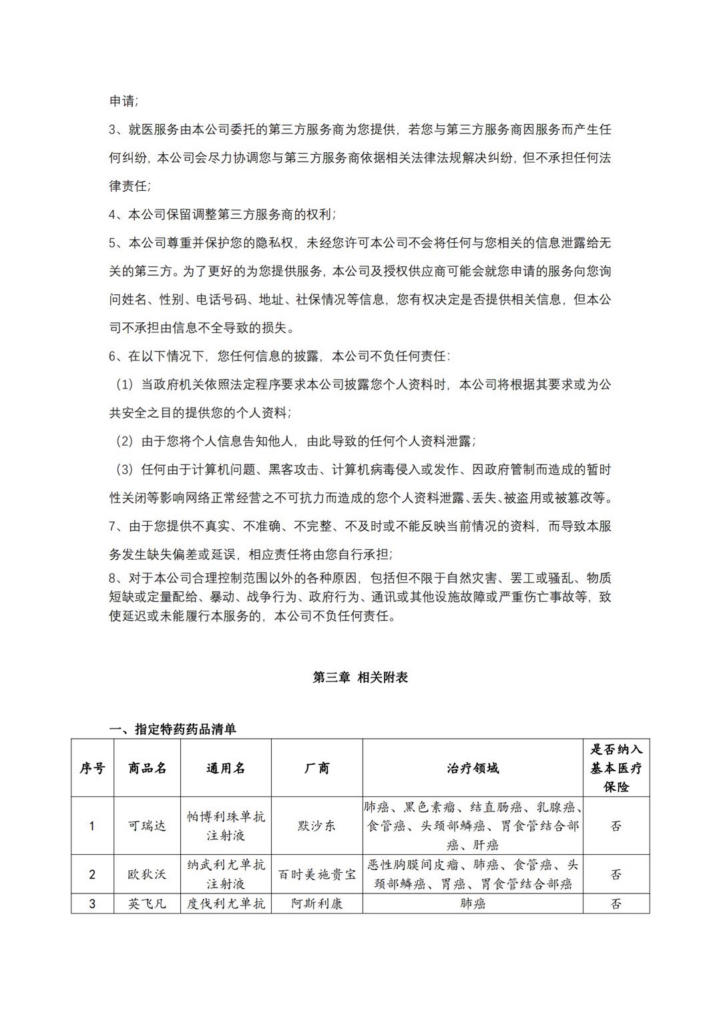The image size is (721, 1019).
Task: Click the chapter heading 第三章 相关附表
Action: [360, 677]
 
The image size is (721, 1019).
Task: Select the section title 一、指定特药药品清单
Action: [172, 729]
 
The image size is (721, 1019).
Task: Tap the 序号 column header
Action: [92, 768]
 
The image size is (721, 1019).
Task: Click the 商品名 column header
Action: [147, 768]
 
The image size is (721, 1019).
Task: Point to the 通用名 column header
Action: [226, 768]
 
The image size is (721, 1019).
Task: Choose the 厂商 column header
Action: [316, 768]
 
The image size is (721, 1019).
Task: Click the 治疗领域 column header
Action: [473, 768]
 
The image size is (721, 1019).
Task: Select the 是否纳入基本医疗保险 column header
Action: [616, 768]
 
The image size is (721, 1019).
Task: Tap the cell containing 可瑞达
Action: [147, 825]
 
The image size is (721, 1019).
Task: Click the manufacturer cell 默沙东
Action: [316, 825]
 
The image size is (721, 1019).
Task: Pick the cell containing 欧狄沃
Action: [147, 874]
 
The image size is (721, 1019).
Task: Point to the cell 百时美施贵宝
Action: [316, 874]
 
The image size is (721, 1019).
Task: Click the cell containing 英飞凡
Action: [147, 904]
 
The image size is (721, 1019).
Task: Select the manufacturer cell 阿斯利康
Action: [316, 904]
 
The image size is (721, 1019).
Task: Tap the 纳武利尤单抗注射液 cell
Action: [226, 874]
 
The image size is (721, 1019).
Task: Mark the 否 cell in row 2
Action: [616, 874]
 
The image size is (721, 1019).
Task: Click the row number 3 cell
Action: [92, 904]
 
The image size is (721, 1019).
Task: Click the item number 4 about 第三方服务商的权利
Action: [113, 215]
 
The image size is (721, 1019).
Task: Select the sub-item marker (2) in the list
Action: [125, 442]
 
